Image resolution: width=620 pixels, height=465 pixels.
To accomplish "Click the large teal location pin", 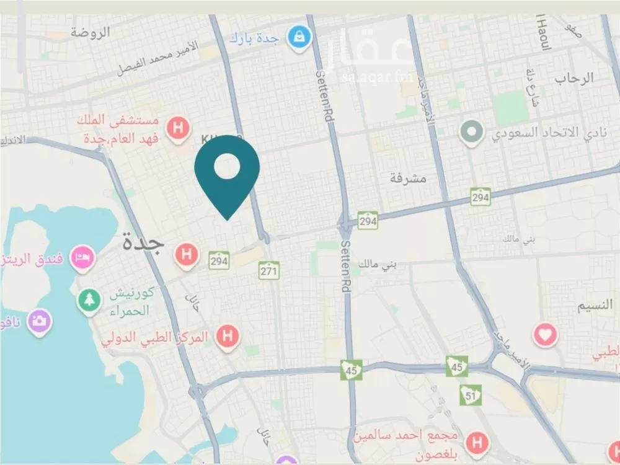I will [227, 174].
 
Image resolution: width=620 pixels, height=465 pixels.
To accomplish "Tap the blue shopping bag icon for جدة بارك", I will [299, 37].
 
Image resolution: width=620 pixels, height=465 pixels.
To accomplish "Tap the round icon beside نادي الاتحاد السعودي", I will [471, 131].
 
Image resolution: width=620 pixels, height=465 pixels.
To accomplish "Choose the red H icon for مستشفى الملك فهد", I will [179, 129].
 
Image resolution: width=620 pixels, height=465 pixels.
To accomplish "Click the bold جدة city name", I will [143, 242].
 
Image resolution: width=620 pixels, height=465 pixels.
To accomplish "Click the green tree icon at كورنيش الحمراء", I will [89, 301].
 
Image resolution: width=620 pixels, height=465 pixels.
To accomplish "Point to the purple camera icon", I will [39, 321].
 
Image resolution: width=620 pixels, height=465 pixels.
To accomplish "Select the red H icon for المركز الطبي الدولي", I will [228, 337].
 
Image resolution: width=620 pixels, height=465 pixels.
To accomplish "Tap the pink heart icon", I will [545, 335].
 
